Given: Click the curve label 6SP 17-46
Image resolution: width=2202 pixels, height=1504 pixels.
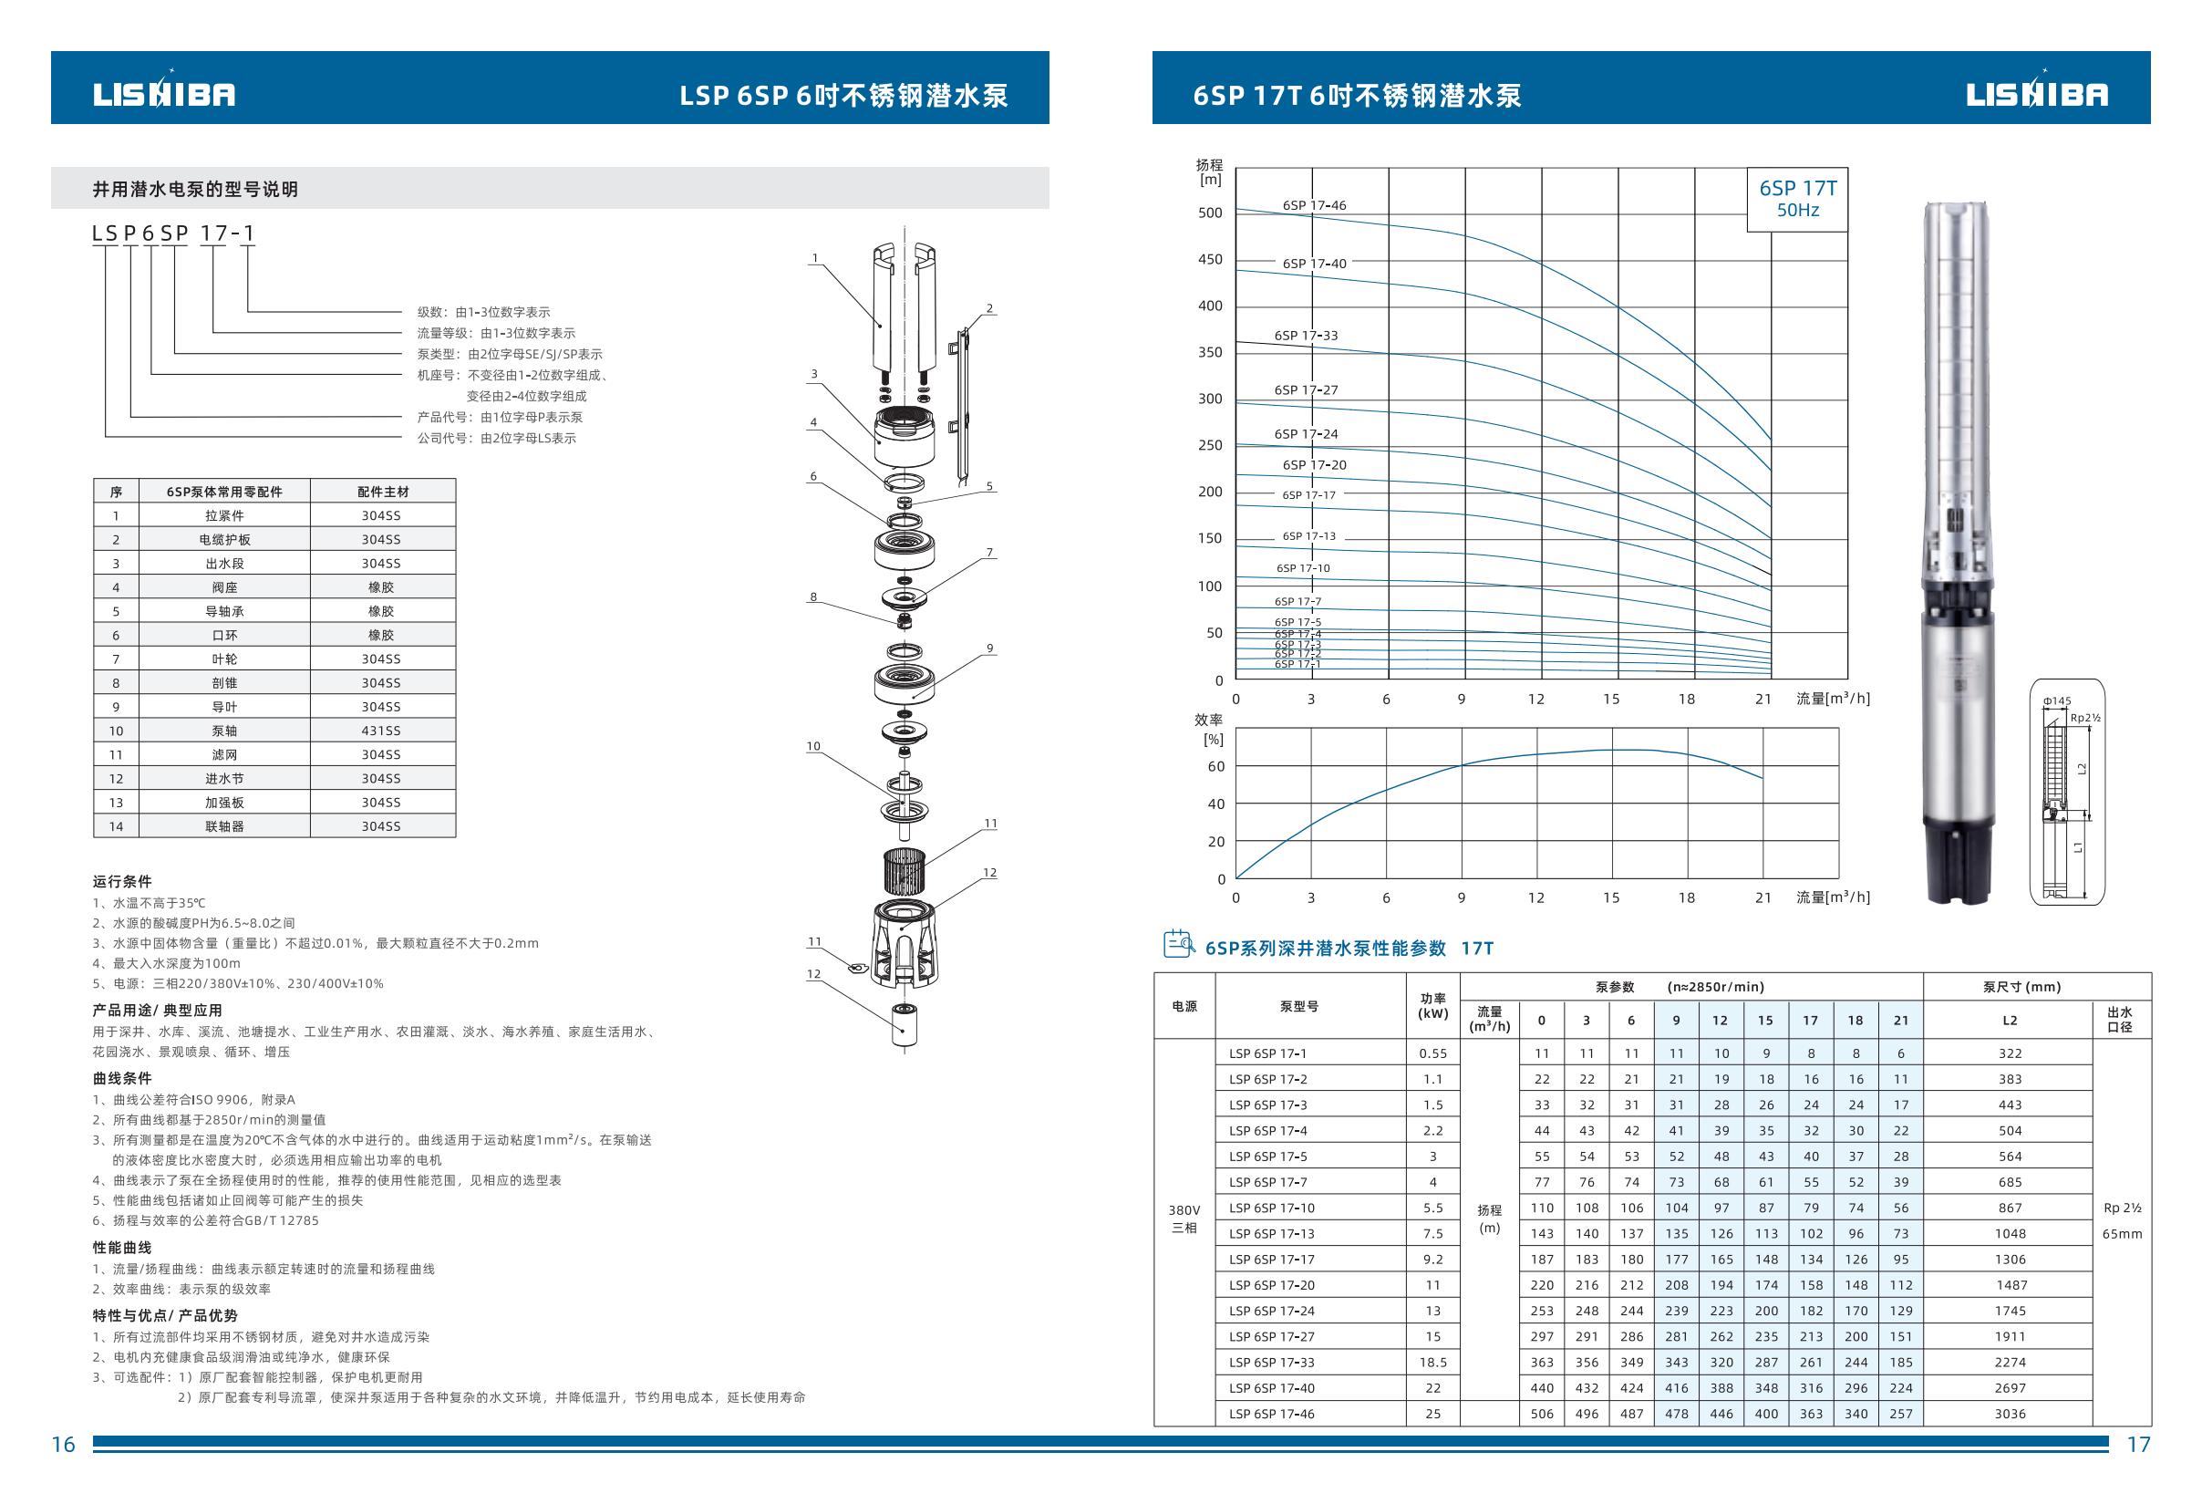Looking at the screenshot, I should tap(1314, 205).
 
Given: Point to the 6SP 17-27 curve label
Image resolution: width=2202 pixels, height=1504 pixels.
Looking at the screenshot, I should tap(1306, 390).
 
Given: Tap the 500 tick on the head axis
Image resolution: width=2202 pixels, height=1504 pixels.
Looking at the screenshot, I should tap(1210, 213).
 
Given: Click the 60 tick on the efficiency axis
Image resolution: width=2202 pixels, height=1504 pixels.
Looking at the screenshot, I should tap(1215, 767).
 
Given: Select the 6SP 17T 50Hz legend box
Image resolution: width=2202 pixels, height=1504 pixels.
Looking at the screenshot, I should tap(1796, 199).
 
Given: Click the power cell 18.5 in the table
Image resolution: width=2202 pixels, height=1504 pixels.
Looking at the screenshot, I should tap(1432, 1362).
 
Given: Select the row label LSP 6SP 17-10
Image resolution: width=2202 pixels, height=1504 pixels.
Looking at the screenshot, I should tap(1272, 1208).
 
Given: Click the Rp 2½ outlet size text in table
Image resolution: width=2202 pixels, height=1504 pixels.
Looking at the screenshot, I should tap(2122, 1208).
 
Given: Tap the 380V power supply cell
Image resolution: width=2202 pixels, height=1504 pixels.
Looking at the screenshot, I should tap(1184, 1210).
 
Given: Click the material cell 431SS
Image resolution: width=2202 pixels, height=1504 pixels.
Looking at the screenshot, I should tap(380, 731).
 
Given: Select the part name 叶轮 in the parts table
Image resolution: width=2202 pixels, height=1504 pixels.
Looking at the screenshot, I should tap(224, 659).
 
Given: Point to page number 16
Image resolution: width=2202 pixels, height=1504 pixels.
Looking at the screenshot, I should tap(63, 1445).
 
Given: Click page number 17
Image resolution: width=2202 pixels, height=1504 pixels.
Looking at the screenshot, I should tap(2138, 1445).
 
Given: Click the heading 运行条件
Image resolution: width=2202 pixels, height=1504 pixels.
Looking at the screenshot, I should tap(122, 881).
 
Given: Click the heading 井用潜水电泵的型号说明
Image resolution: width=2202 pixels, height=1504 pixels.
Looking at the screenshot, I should tap(195, 190).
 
